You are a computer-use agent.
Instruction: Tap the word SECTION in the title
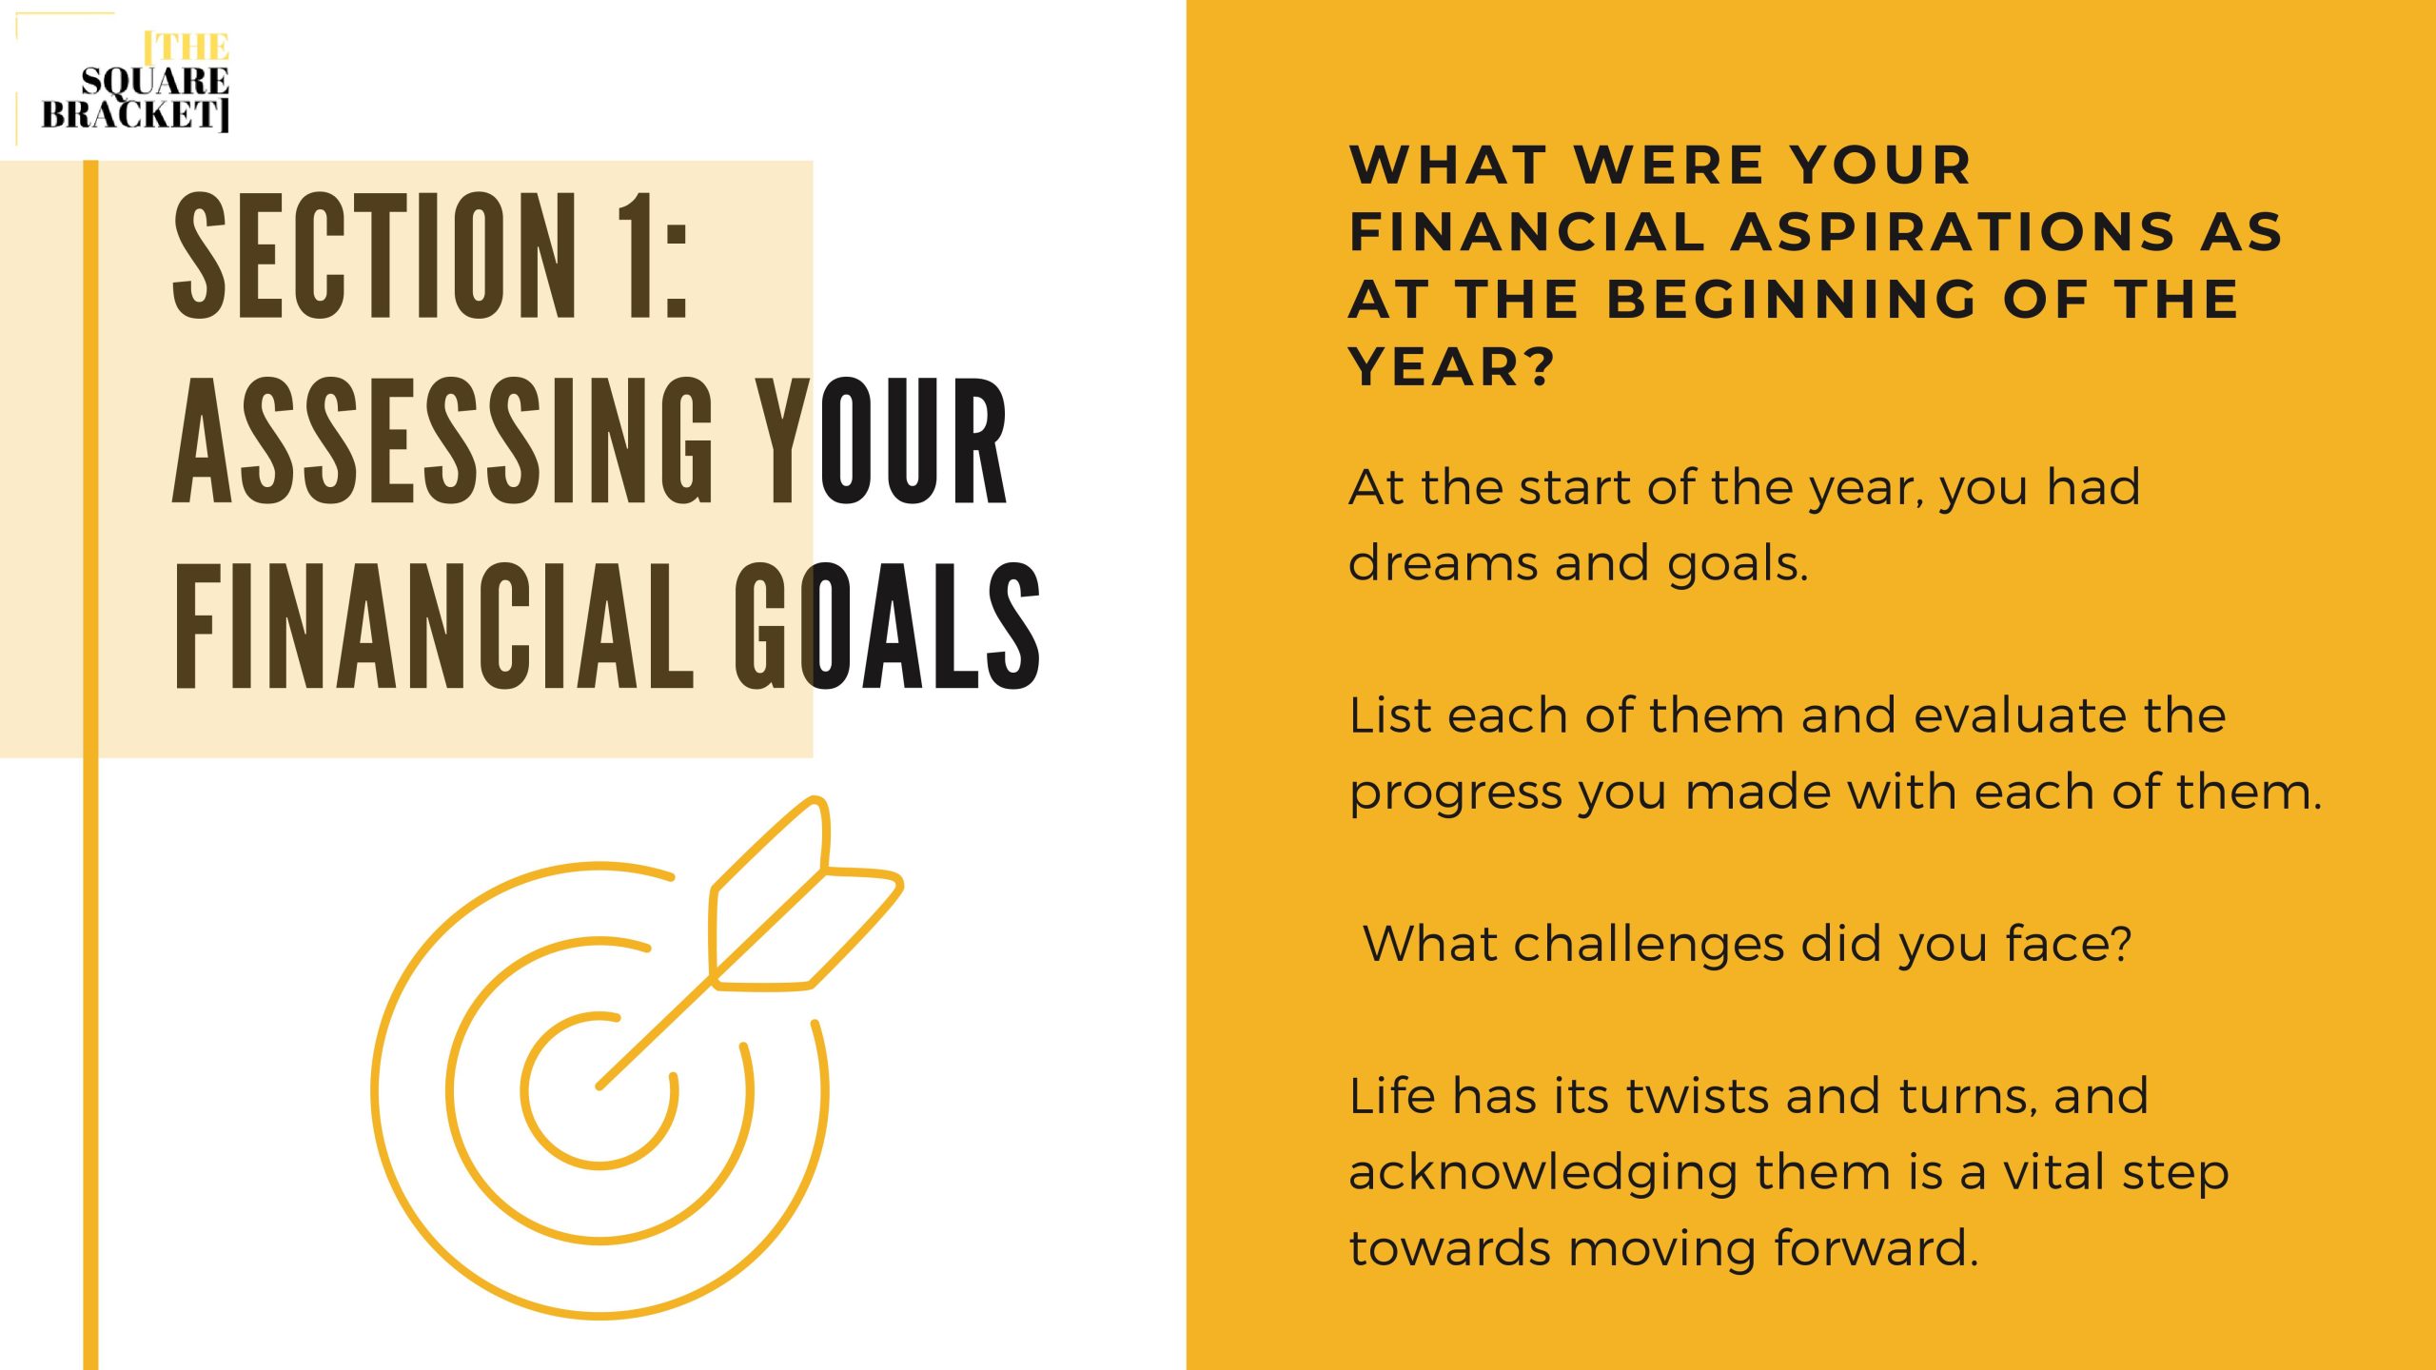point(376,256)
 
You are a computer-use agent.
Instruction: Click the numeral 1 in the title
point(638,256)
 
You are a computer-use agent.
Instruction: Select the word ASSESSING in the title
point(442,440)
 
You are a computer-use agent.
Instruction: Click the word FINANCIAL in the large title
point(434,625)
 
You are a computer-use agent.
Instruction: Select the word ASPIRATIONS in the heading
point(1953,232)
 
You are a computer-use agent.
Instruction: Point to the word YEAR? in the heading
point(1451,366)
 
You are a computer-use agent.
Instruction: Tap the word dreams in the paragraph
point(1443,562)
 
